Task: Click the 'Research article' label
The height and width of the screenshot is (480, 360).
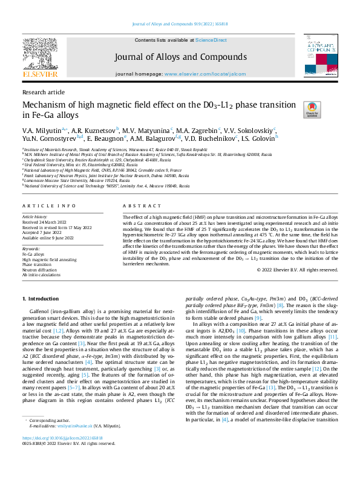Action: [43, 92]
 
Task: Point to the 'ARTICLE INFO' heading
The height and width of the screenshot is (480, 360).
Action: [50, 206]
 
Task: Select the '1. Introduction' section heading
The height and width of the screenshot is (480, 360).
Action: [41, 299]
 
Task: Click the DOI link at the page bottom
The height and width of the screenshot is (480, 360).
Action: [62, 454]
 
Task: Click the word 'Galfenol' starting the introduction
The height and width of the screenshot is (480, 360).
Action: [42, 309]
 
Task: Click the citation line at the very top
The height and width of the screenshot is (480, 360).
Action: [180, 24]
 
